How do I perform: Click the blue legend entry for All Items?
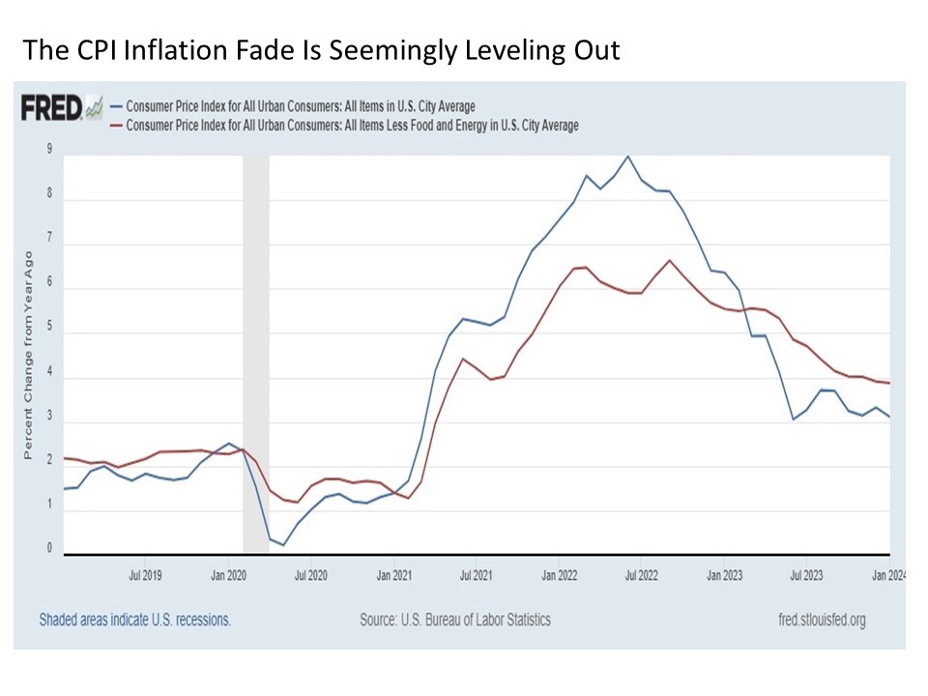tap(295, 106)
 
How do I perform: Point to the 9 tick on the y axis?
tap(49, 149)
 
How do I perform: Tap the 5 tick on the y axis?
tap(49, 333)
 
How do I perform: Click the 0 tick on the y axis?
tap(49, 548)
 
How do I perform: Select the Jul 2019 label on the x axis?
tap(145, 576)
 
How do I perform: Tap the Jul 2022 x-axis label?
tap(642, 576)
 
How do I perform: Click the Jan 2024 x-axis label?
tap(889, 576)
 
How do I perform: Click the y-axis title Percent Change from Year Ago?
tap(29, 355)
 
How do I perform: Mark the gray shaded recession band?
tap(255, 353)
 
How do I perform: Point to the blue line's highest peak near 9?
tap(628, 156)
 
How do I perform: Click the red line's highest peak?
tap(670, 260)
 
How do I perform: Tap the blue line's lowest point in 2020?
tap(283, 545)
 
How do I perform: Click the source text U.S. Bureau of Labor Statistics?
tap(455, 620)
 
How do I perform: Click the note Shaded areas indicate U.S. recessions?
tap(135, 620)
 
